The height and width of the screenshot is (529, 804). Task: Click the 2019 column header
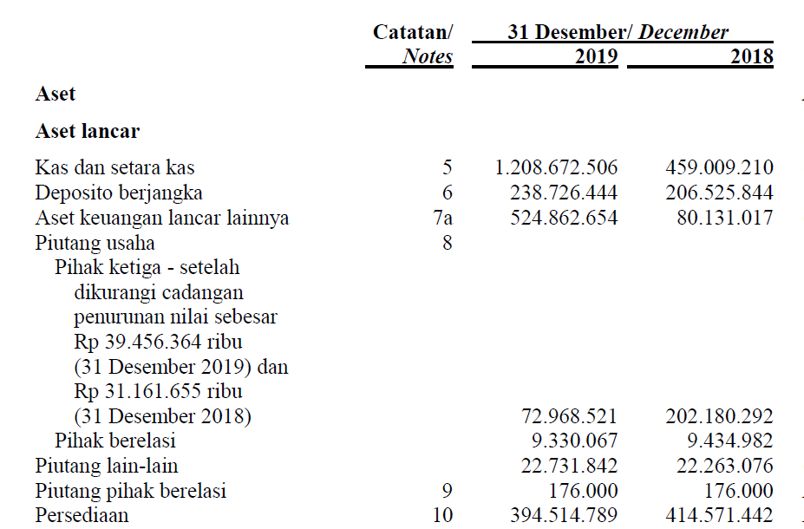tap(596, 57)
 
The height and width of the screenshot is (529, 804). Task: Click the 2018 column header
tap(751, 57)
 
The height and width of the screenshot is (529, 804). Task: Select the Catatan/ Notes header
tap(413, 44)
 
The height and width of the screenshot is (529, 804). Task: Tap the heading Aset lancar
tap(88, 131)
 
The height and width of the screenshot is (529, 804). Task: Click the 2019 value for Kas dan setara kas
tap(556, 167)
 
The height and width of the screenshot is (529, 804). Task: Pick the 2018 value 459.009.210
tap(719, 167)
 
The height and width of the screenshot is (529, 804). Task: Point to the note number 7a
tap(442, 218)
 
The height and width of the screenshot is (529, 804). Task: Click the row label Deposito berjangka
tap(119, 193)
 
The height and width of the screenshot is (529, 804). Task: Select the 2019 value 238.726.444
tap(564, 193)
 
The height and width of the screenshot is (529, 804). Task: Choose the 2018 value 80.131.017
tap(724, 218)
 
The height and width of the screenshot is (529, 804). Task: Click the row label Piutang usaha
tap(95, 243)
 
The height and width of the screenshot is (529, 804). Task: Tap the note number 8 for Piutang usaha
tap(447, 243)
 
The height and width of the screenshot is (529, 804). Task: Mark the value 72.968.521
tap(569, 416)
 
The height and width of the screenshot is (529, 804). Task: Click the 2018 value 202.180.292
tap(719, 416)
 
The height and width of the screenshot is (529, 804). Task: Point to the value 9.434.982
tap(724, 441)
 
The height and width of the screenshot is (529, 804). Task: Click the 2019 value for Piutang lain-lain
tap(569, 466)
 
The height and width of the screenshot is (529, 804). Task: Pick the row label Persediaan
tap(82, 515)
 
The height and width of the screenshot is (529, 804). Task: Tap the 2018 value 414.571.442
tap(719, 515)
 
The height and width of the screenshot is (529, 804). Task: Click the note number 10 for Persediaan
tap(442, 515)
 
